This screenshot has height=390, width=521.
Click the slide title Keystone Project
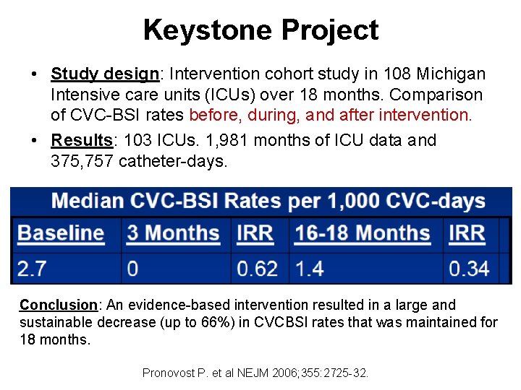[x=260, y=30]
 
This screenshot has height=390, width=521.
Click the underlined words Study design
[x=104, y=74]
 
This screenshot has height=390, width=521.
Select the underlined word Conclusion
[x=58, y=305]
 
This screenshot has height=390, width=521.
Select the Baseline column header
[x=61, y=233]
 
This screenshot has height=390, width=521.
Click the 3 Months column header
[x=173, y=233]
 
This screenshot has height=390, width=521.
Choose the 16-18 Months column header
[x=363, y=233]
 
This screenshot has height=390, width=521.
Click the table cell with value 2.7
[x=32, y=269]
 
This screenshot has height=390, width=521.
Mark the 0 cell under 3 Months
[x=132, y=269]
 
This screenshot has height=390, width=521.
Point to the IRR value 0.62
[x=257, y=269]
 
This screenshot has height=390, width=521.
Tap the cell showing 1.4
[x=309, y=269]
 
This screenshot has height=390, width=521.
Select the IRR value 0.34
[x=469, y=269]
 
